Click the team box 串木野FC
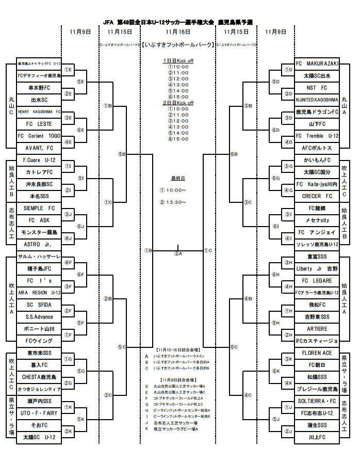tap(39, 88)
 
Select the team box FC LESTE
tap(39, 124)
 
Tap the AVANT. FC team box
tap(39, 148)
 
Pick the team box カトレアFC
tap(39, 172)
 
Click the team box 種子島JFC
tap(39, 268)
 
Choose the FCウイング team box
tap(39, 341)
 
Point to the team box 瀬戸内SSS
tap(39, 401)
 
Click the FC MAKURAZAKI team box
tap(317, 63)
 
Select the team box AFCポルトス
tap(317, 148)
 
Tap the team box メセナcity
tap(317, 220)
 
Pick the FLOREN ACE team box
tap(317, 353)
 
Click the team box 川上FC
tap(317, 437)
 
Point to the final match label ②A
tap(178, 253)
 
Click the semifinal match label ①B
tap(148, 250)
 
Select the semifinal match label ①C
tap(207, 250)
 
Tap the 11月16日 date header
tap(177, 31)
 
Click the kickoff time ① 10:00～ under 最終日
tap(173, 190)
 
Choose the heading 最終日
tap(178, 178)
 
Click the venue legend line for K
tap(175, 429)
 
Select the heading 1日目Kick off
tap(178, 60)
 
